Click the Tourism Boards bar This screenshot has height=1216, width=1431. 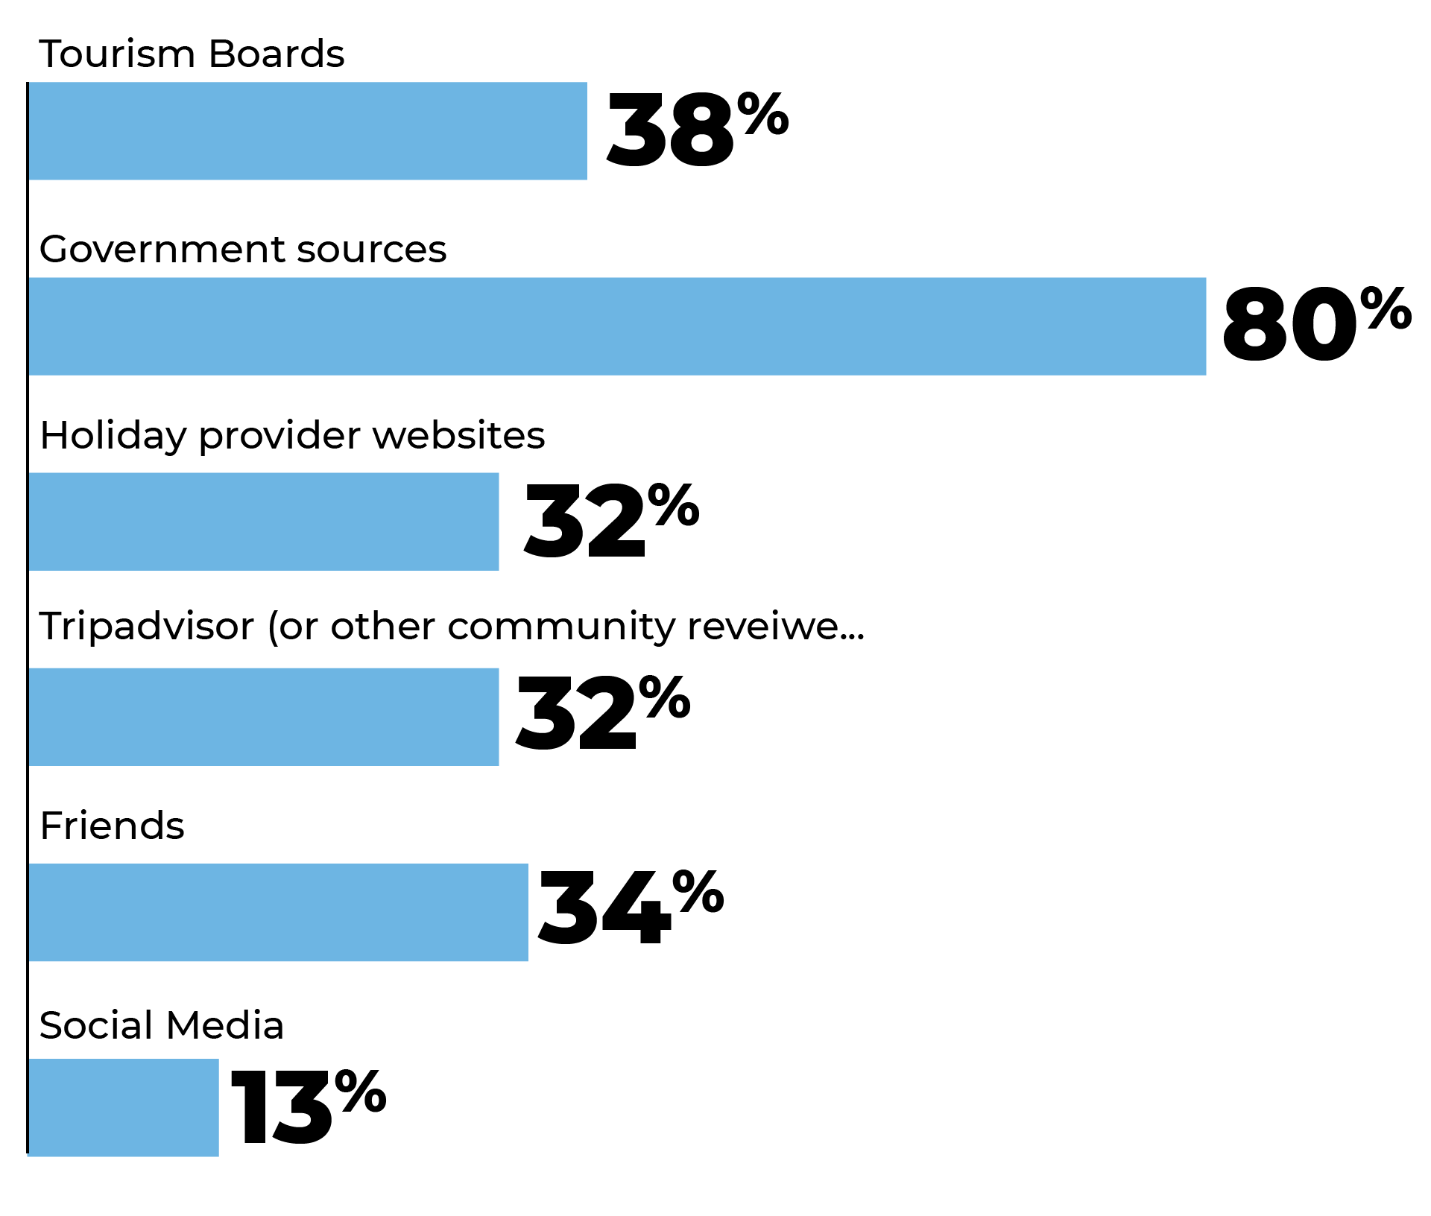[x=307, y=131]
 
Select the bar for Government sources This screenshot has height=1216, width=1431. [x=617, y=326]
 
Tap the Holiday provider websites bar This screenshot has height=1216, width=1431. [x=263, y=522]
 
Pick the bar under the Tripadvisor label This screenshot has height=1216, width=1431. [x=263, y=717]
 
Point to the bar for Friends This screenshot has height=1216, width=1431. [x=278, y=912]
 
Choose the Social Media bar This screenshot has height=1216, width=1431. [x=124, y=1107]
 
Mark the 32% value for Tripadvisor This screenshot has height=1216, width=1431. [x=603, y=713]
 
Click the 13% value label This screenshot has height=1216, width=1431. [x=309, y=1106]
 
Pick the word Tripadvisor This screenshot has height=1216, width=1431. [x=147, y=627]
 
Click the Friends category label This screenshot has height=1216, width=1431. [x=113, y=826]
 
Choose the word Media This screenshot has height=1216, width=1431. [x=225, y=1025]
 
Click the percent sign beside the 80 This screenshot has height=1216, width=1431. [x=1386, y=308]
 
